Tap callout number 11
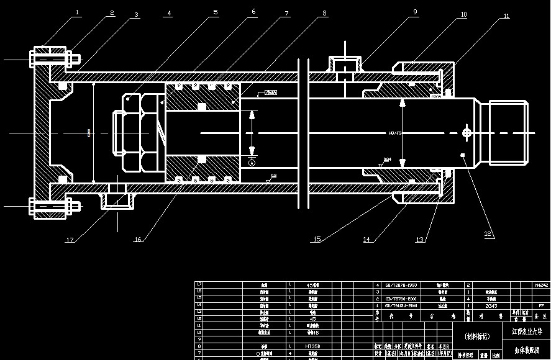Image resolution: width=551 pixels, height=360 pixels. pyautogui.click(x=506, y=17)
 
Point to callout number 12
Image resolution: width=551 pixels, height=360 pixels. pyautogui.click(x=488, y=234)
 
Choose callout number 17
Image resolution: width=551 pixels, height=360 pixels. pyautogui.click(x=70, y=240)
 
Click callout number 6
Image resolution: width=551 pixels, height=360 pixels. pyautogui.click(x=253, y=11)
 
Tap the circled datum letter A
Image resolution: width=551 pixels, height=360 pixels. pyautogui.click(x=252, y=162)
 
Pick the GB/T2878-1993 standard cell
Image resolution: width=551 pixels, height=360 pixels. pyautogui.click(x=401, y=285)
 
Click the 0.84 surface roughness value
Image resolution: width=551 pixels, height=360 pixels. pyautogui.click(x=386, y=160)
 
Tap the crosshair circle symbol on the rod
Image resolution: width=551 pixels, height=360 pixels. pyautogui.click(x=467, y=132)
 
